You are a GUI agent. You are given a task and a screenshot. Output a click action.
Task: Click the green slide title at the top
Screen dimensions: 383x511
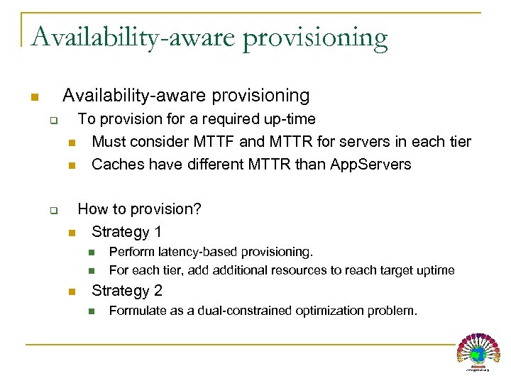point(209,36)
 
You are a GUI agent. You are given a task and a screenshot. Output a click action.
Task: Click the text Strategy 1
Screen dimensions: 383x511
point(127,232)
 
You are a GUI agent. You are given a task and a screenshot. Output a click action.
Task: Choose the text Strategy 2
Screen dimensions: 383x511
point(127,291)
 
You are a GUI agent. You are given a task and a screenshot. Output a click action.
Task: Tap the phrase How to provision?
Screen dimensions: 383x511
point(140,209)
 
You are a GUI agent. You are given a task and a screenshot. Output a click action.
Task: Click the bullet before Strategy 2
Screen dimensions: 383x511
point(71,292)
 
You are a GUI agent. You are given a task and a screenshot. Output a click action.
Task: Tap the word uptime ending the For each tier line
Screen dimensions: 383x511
point(436,270)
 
